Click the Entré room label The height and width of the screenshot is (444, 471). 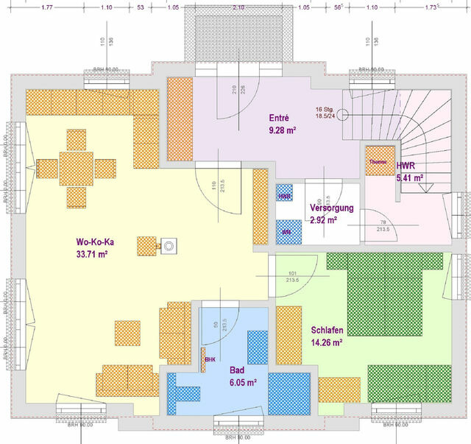pyautogui.click(x=279, y=117)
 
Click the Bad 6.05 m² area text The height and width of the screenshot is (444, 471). pyautogui.click(x=237, y=382)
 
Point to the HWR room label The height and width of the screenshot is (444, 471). pyautogui.click(x=406, y=166)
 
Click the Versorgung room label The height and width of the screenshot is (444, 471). pyautogui.click(x=332, y=208)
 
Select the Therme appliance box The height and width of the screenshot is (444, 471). pyautogui.click(x=378, y=161)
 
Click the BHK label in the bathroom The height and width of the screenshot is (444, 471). pyautogui.click(x=210, y=360)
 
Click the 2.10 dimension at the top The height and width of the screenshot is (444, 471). pyautogui.click(x=238, y=7)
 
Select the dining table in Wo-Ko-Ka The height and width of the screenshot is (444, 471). pyautogui.click(x=77, y=168)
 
